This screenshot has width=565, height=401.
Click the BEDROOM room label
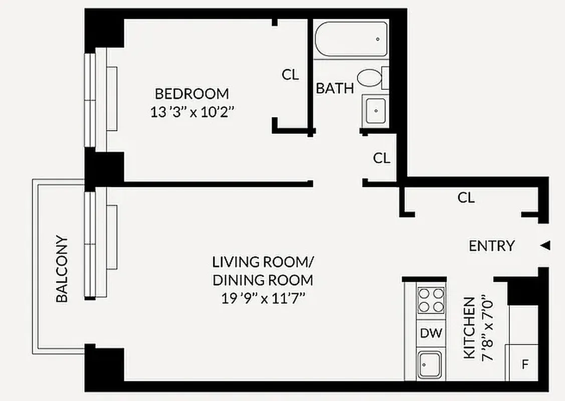(192, 94)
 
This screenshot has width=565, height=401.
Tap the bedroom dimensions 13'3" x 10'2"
(193, 112)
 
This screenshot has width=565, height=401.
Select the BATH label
(334, 89)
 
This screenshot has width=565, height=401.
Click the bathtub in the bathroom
(351, 39)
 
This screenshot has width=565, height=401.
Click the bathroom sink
(375, 110)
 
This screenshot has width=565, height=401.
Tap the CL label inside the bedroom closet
(290, 75)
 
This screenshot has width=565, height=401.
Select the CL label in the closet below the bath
(382, 158)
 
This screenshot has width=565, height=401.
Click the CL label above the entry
(466, 198)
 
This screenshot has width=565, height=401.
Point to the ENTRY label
(491, 246)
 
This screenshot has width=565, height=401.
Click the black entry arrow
(546, 246)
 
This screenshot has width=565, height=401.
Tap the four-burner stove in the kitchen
(431, 300)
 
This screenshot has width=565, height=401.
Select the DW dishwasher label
(431, 333)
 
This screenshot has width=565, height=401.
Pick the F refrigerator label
(525, 364)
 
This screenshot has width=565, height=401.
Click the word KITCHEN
(469, 328)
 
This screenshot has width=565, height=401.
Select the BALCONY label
(62, 269)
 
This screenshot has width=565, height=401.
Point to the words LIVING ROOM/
(263, 262)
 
